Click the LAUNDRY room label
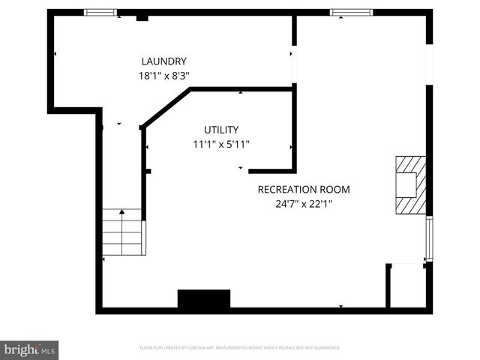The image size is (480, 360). [164, 61]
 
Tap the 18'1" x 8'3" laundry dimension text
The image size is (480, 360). [164, 76]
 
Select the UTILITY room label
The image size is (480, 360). [221, 130]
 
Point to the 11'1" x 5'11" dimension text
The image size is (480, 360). [221, 145]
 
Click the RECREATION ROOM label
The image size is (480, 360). [304, 190]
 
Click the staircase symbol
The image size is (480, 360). [122, 232]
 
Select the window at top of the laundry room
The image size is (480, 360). [100, 13]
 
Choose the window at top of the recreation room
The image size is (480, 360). [352, 13]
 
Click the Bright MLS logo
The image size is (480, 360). [29, 349]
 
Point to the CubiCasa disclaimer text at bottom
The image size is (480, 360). [240, 348]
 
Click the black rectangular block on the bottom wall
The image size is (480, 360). [203, 299]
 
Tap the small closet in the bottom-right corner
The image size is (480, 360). [408, 286]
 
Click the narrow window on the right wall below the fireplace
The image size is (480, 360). [430, 238]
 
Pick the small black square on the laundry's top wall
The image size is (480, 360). [142, 16]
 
